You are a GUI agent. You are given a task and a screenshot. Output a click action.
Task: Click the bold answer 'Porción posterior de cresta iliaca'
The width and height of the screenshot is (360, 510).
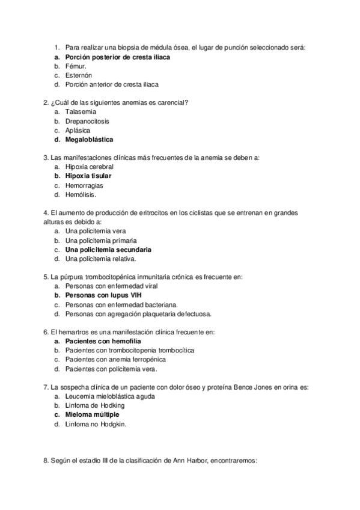click(118, 57)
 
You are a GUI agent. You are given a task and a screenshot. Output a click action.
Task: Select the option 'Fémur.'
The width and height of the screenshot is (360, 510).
click(76, 66)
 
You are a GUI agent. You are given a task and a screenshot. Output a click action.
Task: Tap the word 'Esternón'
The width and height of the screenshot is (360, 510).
click(79, 75)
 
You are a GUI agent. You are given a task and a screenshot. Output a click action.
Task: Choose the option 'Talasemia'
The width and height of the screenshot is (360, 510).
click(81, 111)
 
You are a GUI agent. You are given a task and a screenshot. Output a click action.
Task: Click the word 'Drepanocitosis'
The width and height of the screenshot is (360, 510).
click(87, 121)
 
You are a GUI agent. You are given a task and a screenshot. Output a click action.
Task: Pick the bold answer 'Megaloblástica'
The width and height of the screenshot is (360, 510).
click(89, 140)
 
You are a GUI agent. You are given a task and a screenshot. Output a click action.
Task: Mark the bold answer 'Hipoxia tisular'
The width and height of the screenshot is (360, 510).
click(88, 176)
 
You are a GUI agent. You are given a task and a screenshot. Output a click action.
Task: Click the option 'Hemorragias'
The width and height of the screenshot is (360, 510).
click(84, 185)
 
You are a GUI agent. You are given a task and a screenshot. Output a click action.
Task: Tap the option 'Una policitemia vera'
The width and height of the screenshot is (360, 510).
click(96, 231)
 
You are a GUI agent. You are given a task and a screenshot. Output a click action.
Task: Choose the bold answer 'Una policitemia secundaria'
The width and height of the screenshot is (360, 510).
click(108, 249)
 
